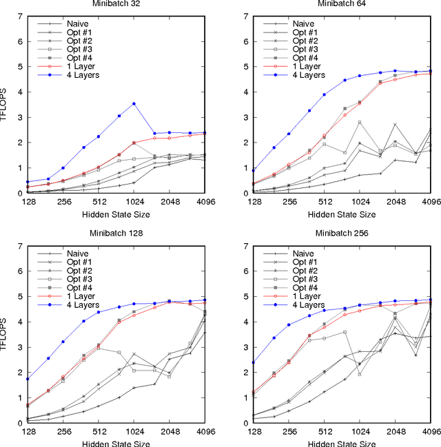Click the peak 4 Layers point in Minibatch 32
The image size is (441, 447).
134,103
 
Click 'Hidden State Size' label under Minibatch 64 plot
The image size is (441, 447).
342,215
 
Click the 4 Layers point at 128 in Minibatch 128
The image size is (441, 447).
27,379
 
